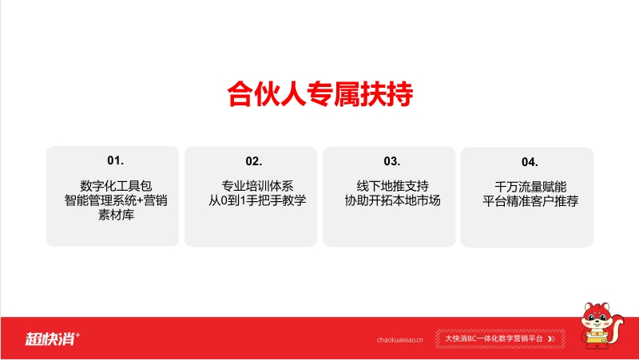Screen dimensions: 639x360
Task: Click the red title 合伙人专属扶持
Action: [x=320, y=94]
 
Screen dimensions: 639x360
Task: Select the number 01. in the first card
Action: [x=115, y=160]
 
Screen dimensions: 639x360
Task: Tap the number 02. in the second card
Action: [x=253, y=161]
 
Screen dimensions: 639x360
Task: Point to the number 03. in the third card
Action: [x=391, y=161]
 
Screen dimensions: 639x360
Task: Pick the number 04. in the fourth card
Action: [x=530, y=162]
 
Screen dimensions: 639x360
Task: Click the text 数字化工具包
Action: [x=116, y=186]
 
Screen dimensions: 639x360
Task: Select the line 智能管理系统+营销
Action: [x=116, y=200]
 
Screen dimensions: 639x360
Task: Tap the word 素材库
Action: [x=116, y=215]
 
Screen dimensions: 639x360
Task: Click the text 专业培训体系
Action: [x=257, y=186]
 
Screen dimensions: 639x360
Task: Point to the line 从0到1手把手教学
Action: [x=257, y=200]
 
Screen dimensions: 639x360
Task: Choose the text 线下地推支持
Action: [x=392, y=186]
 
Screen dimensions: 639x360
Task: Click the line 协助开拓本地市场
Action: [x=392, y=200]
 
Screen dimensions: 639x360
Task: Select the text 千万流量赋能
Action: [x=530, y=187]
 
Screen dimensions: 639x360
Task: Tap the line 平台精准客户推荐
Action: [x=530, y=201]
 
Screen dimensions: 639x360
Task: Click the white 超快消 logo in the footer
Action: [x=53, y=338]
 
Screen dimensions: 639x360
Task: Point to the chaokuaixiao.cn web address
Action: [x=400, y=339]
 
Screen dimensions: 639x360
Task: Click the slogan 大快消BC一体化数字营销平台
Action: [x=494, y=338]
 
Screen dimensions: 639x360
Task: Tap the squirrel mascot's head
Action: [x=596, y=317]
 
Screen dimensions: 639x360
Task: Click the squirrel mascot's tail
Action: [x=616, y=326]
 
